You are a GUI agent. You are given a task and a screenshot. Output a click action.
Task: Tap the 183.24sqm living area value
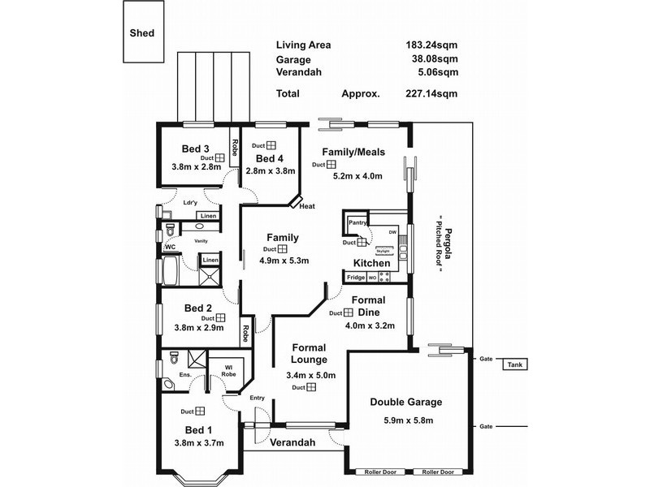click(x=431, y=45)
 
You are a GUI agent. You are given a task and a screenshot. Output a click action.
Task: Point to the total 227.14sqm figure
click(x=431, y=93)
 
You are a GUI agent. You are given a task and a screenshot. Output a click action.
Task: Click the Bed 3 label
click(x=196, y=149)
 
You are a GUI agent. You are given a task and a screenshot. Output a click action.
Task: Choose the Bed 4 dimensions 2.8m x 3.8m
click(x=270, y=171)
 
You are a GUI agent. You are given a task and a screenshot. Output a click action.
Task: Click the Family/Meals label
click(x=353, y=152)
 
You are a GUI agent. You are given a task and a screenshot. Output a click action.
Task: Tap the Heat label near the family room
click(x=306, y=206)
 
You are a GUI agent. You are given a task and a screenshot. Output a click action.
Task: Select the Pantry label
click(x=357, y=222)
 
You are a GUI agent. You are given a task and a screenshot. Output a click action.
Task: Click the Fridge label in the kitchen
click(x=356, y=278)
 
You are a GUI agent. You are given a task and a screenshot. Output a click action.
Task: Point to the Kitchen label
click(x=373, y=263)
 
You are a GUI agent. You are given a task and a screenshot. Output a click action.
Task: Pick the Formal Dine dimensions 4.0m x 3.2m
click(x=370, y=325)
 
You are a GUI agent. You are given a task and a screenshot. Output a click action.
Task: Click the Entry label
click(x=258, y=398)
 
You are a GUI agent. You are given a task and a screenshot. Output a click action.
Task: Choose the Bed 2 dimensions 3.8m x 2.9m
click(x=198, y=328)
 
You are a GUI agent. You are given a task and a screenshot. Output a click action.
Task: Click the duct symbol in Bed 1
click(x=199, y=412)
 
